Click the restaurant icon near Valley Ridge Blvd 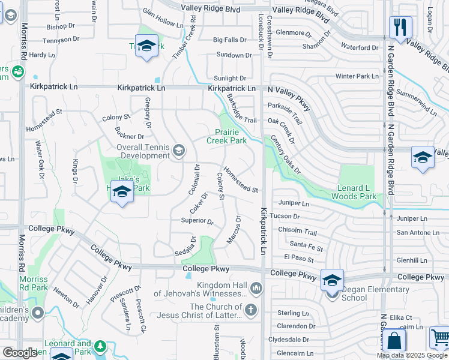pyautogui.click(x=399, y=27)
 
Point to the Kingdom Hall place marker pyautogui.click(x=257, y=289)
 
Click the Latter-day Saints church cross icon pyautogui.click(x=251, y=310)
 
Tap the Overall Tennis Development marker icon pyautogui.click(x=178, y=150)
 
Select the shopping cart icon pyautogui.click(x=439, y=338)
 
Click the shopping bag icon pyautogui.click(x=394, y=340)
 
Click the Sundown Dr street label pyautogui.click(x=233, y=55)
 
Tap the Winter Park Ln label pyautogui.click(x=357, y=76)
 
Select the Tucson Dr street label pyautogui.click(x=285, y=216)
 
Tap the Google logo pyautogui.click(x=20, y=353)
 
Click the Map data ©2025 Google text pyautogui.click(x=412, y=355)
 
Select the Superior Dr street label pyautogui.click(x=197, y=221)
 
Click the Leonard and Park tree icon pyautogui.click(x=100, y=347)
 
